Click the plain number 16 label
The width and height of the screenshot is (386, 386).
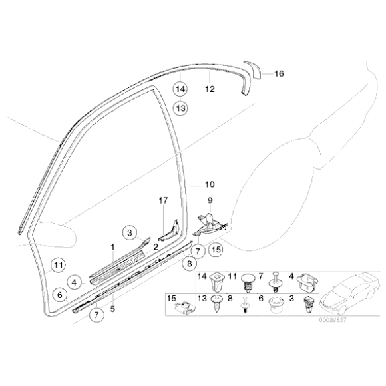pyautogui.click(x=278, y=74)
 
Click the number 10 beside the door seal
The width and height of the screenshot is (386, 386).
pyautogui.click(x=210, y=184)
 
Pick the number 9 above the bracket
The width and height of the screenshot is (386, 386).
pyautogui.click(x=209, y=200)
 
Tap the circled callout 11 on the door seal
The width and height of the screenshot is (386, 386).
pyautogui.click(x=58, y=265)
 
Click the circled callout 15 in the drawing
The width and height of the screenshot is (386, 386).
pyautogui.click(x=214, y=250)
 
